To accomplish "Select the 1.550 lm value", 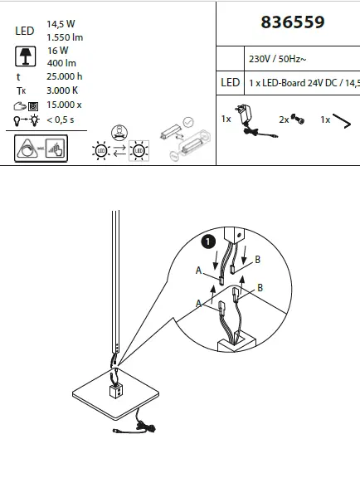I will [66, 38].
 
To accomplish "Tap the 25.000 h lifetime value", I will [66, 76].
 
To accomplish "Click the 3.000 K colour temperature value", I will [63, 90].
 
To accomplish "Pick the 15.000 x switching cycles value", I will [65, 105].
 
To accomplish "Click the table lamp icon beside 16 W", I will [26, 56].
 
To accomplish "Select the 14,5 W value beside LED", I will [61, 25].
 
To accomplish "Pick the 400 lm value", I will [61, 62].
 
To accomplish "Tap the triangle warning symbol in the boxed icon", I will [29, 149].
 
